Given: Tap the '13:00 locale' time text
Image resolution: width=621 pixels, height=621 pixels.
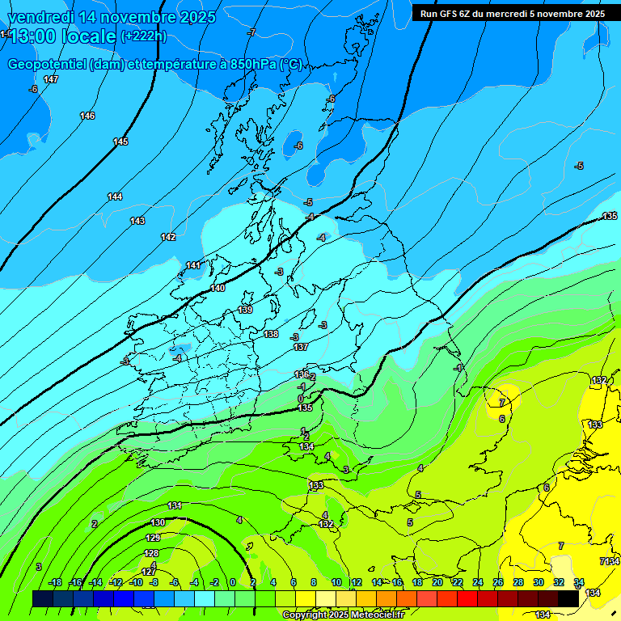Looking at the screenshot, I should [64, 36].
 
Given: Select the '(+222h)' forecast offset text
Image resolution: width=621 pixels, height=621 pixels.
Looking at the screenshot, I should [143, 36].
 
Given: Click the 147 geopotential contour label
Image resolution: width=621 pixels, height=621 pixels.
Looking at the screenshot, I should [51, 79].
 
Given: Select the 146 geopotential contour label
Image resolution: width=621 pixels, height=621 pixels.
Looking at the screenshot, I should [87, 116].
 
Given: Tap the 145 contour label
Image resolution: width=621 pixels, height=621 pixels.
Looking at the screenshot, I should [120, 142].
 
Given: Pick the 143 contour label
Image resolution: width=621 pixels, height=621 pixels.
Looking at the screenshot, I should [137, 221].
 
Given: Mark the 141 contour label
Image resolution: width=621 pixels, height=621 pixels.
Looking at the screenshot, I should [193, 265].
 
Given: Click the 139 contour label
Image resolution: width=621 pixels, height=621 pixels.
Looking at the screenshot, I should [246, 310].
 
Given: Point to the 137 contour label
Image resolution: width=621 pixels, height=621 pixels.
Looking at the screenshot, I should [301, 347].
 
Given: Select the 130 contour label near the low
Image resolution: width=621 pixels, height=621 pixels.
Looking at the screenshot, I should [158, 523].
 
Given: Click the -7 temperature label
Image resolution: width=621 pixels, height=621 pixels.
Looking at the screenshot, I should [252, 32].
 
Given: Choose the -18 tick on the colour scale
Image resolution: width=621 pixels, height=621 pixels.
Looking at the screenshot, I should [55, 582].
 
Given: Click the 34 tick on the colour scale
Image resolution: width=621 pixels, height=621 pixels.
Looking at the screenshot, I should [579, 582].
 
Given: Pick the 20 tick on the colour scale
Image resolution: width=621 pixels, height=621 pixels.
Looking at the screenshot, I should [437, 582].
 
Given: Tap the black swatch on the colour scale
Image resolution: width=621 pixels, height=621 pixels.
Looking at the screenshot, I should [568, 598].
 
